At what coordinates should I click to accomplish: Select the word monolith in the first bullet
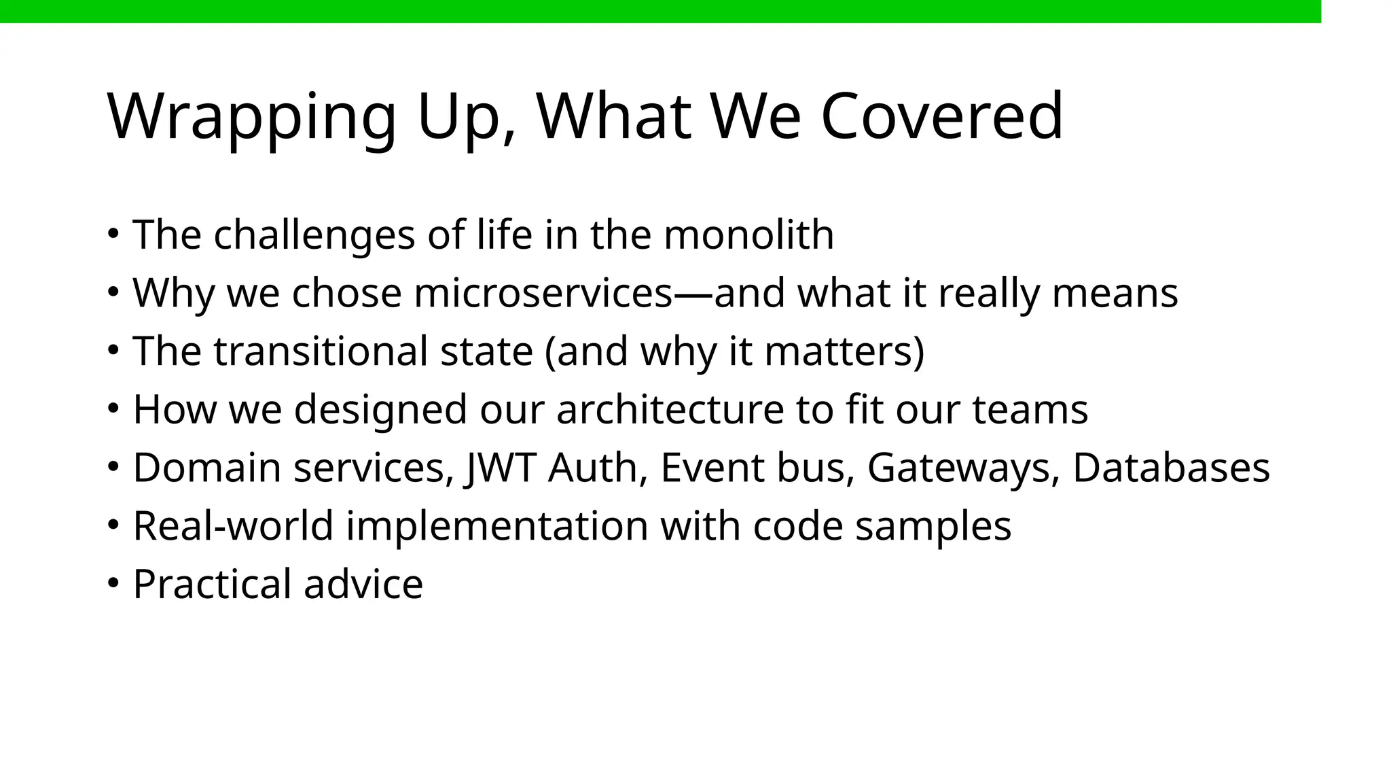748,235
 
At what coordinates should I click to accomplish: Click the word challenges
314,235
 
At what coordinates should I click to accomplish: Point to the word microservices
543,294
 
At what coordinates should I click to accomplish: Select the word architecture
670,410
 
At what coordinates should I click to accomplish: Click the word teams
1030,410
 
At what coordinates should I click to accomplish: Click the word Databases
1171,468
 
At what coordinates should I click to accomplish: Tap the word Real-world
233,526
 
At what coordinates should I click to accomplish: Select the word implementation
497,526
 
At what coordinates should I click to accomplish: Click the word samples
933,526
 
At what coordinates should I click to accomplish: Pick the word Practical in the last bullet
212,585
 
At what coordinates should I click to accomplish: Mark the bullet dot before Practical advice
113,583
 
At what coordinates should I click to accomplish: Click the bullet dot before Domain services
113,467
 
